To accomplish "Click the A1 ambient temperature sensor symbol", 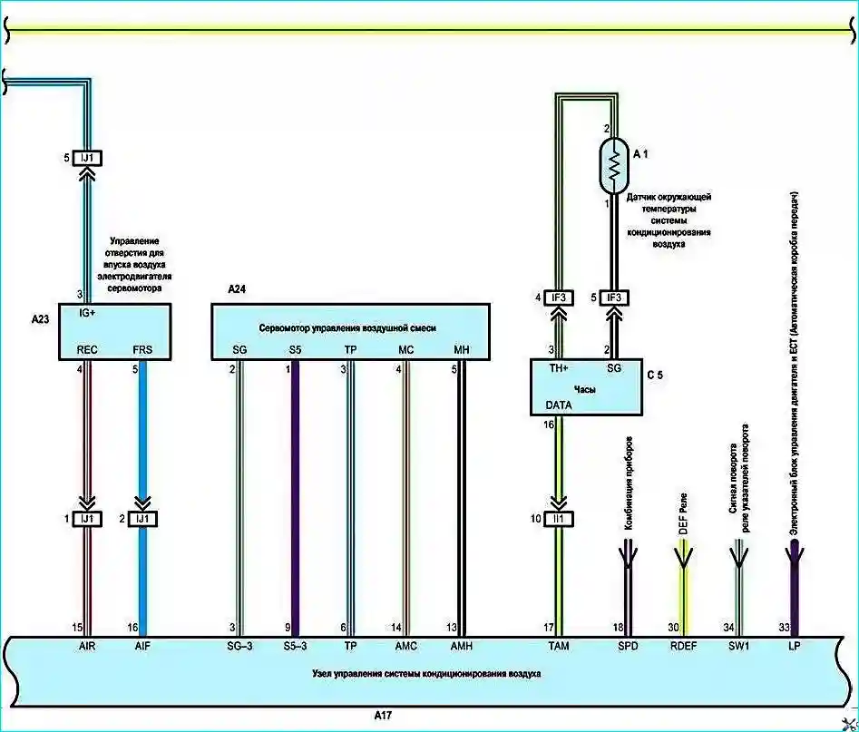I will pos(614,164).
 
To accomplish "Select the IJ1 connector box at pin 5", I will pos(88,158).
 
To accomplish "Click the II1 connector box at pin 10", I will pos(561,519).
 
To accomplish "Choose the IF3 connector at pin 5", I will pos(614,298).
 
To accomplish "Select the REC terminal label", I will pos(87,349).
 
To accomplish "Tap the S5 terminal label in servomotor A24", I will pos(295,349).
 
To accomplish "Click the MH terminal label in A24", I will pos(462,349).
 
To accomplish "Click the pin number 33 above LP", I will pos(785,627).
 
